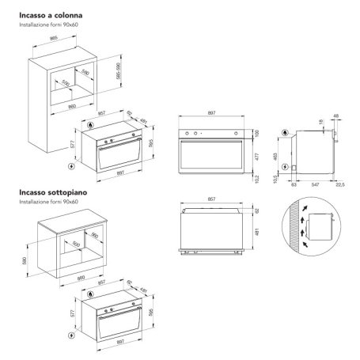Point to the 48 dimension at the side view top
tap(337, 116)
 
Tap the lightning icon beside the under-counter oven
tap(74, 334)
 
